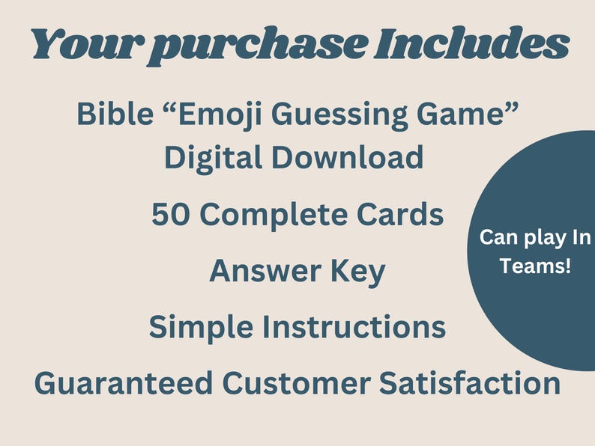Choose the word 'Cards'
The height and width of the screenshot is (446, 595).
point(402,215)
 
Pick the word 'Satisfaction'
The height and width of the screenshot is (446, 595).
point(465,384)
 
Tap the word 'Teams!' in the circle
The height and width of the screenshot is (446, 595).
point(535,265)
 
